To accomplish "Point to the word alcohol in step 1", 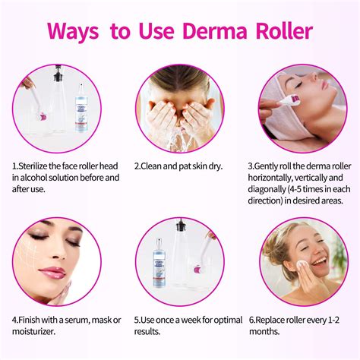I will (31, 178).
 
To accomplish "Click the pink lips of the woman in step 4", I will (53, 272).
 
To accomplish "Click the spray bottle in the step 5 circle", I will (157, 261).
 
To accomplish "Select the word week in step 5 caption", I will (207, 320).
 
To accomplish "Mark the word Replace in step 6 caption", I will (279, 320).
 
